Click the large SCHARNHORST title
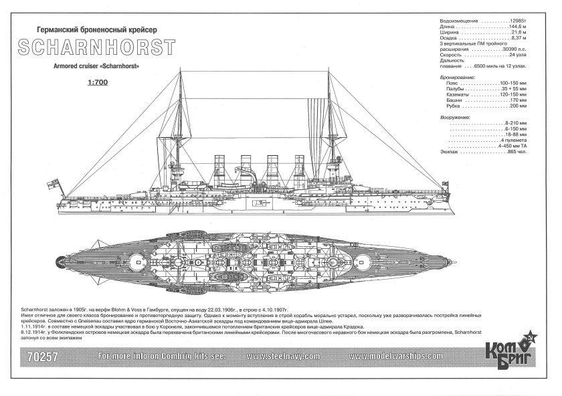coord(100,49)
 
